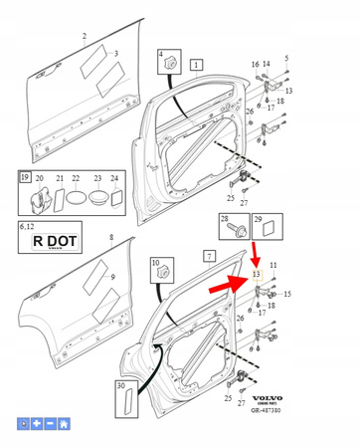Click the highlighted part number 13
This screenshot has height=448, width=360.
click(256, 274)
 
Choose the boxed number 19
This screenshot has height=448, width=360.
click(25, 178)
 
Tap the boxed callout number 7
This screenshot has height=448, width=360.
click(210, 256)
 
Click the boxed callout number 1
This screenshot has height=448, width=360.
click(197, 66)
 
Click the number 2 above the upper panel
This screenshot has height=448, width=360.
click(84, 36)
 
